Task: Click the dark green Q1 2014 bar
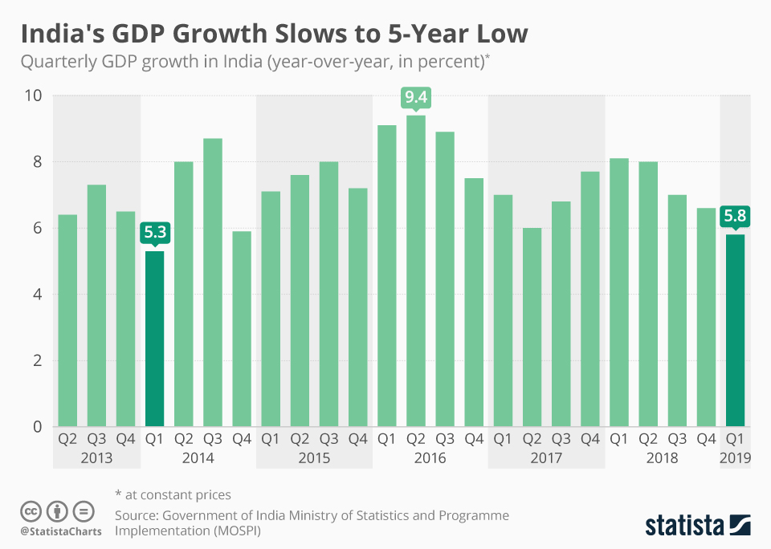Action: [x=154, y=339]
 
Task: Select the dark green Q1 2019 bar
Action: [x=735, y=330]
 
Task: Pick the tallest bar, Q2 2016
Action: [x=416, y=270]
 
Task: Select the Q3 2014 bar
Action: [x=213, y=282]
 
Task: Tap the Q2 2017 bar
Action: [x=532, y=327]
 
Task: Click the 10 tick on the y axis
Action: [x=35, y=96]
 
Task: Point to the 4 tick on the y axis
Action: [x=38, y=295]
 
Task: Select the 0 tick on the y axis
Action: [x=38, y=427]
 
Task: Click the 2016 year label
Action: [x=430, y=458]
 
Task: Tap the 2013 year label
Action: [x=96, y=458]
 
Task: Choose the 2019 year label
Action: [x=735, y=458]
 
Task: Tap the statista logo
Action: [x=697, y=525]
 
